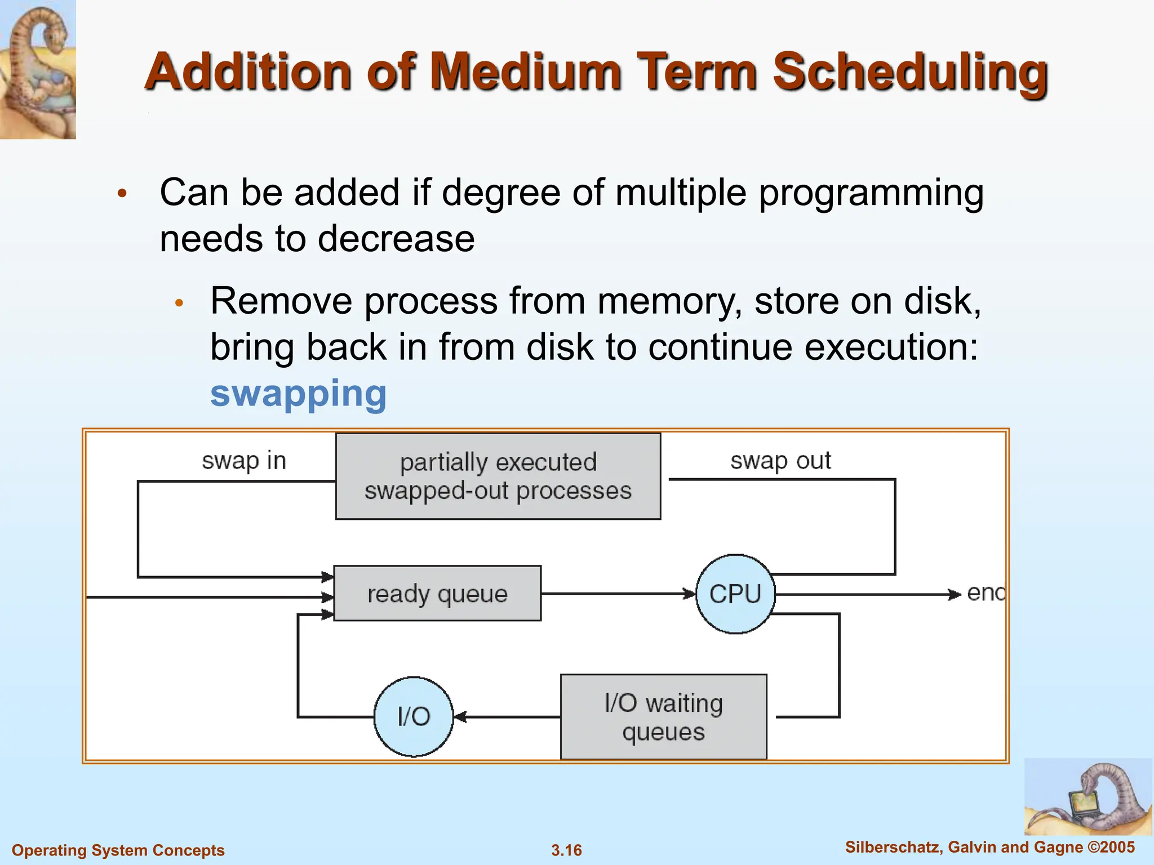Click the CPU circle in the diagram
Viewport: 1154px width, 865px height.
[x=735, y=594]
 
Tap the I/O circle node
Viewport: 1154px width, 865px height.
[x=414, y=716]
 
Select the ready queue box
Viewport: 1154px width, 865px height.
[x=437, y=594]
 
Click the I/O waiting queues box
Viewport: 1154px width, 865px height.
[x=663, y=717]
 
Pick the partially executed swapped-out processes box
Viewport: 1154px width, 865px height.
[x=498, y=476]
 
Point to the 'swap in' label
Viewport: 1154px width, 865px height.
[x=244, y=461]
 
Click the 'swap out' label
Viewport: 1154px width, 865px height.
[x=780, y=461]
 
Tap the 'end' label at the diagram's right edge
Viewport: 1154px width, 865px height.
[x=986, y=593]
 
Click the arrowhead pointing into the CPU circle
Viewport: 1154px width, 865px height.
[x=689, y=594]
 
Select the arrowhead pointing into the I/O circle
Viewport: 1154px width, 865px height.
[x=460, y=717]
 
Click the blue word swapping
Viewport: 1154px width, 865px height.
[x=298, y=394]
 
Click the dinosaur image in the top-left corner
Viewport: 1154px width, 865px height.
[x=38, y=69]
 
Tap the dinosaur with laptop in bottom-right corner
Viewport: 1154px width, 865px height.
[x=1088, y=797]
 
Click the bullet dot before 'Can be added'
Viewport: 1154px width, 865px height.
[x=122, y=194]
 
